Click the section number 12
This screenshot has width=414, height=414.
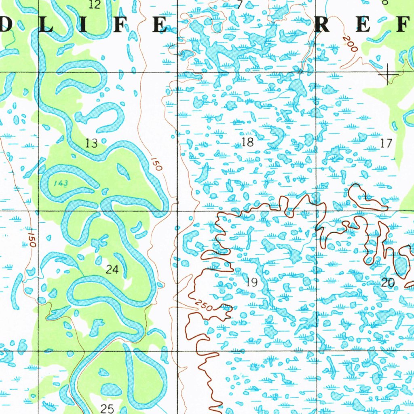coord(94,4)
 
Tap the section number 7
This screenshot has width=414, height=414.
coord(240,5)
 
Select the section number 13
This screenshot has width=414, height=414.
coord(91,143)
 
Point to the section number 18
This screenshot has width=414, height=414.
coord(247,142)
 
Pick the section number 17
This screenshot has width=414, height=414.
coord(387,143)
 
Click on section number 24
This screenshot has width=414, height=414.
coord(112,269)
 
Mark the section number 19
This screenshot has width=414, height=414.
coord(251,282)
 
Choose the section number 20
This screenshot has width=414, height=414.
coord(388,283)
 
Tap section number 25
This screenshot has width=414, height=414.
coord(107,408)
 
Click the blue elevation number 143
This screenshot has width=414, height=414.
coord(61,183)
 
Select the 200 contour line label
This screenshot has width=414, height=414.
coord(350,44)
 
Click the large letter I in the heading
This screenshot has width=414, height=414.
coord(83,25)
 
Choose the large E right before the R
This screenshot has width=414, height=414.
coord(159,25)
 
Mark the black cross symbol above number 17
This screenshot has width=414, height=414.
coord(387,74)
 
